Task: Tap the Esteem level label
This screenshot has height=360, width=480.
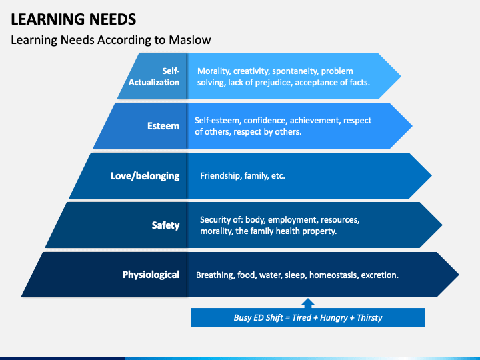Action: point(163,125)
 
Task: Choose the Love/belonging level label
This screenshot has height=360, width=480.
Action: point(145,176)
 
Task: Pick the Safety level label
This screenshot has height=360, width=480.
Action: point(165,225)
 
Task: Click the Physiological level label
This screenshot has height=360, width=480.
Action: point(151,274)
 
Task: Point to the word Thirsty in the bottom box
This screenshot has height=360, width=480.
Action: point(369,317)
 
